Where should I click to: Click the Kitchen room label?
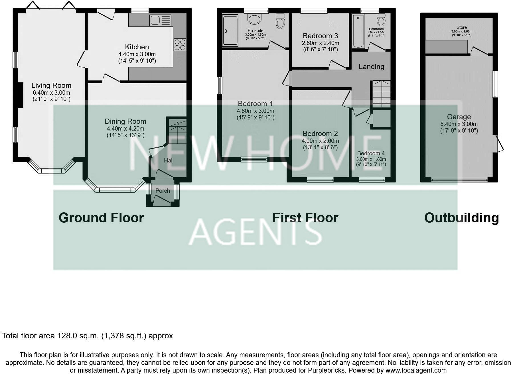[x=137, y=47]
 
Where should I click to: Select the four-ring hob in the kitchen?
[x=180, y=44]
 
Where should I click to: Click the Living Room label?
[x=51, y=85]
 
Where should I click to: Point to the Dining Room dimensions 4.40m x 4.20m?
[x=125, y=129]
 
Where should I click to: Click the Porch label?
[x=163, y=191]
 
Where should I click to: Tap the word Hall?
[x=169, y=160]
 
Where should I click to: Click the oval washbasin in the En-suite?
[x=254, y=19]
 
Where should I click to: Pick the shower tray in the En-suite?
[x=230, y=31]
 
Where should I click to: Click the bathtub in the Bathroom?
[x=358, y=31]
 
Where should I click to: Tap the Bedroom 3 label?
[x=320, y=36]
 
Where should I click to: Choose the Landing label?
[x=371, y=67]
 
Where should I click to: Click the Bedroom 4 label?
[x=371, y=153]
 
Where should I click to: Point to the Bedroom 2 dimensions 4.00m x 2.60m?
[x=320, y=141]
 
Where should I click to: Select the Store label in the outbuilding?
[x=461, y=27]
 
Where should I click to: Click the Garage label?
[x=459, y=117]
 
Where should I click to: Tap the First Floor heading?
[x=305, y=218]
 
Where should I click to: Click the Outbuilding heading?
[x=461, y=218]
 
